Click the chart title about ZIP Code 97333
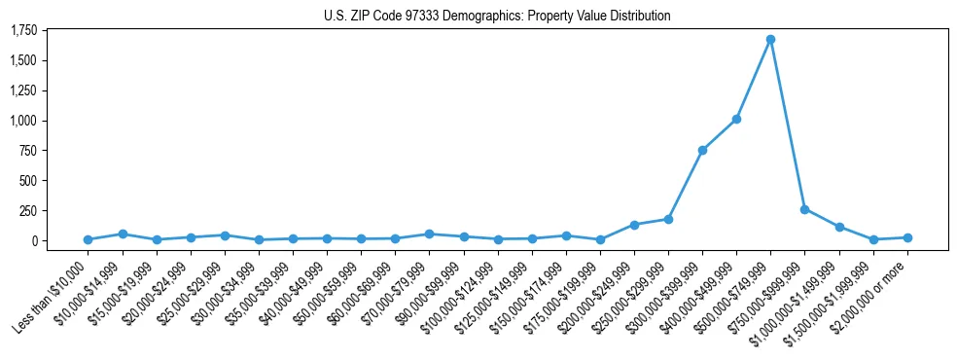coord(497,17)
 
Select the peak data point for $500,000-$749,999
coord(770,40)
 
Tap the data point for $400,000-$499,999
coord(736,119)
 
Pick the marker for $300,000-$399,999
coord(702,150)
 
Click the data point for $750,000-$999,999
coord(804,209)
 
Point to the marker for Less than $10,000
coord(88,239)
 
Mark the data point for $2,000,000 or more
coord(907,237)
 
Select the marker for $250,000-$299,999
coord(668,219)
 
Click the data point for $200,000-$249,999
coord(634,225)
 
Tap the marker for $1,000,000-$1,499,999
coord(839,227)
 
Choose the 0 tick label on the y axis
coord(37,240)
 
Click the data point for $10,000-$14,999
coord(123,234)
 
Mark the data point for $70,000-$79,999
coord(429,234)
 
